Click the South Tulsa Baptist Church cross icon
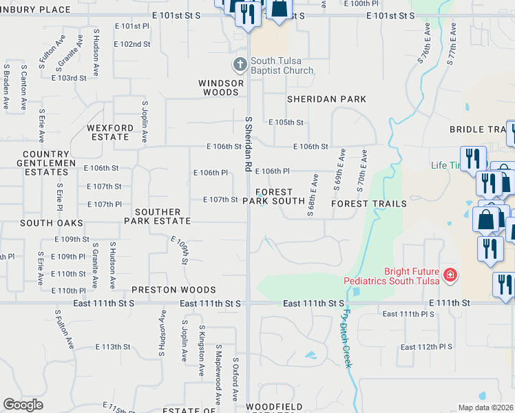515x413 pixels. pos(240,65)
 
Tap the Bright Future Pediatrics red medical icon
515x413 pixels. pos(450,275)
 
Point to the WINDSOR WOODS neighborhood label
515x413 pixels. pos(221,87)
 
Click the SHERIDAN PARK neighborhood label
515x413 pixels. pos(326,99)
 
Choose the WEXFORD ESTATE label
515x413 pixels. pos(108,132)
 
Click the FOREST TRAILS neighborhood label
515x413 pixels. pos(368,204)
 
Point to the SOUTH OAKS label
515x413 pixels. pos(52,223)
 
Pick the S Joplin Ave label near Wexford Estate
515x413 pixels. pos(145,122)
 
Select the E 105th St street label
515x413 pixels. pos(286,123)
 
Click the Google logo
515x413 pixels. pos(23,405)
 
